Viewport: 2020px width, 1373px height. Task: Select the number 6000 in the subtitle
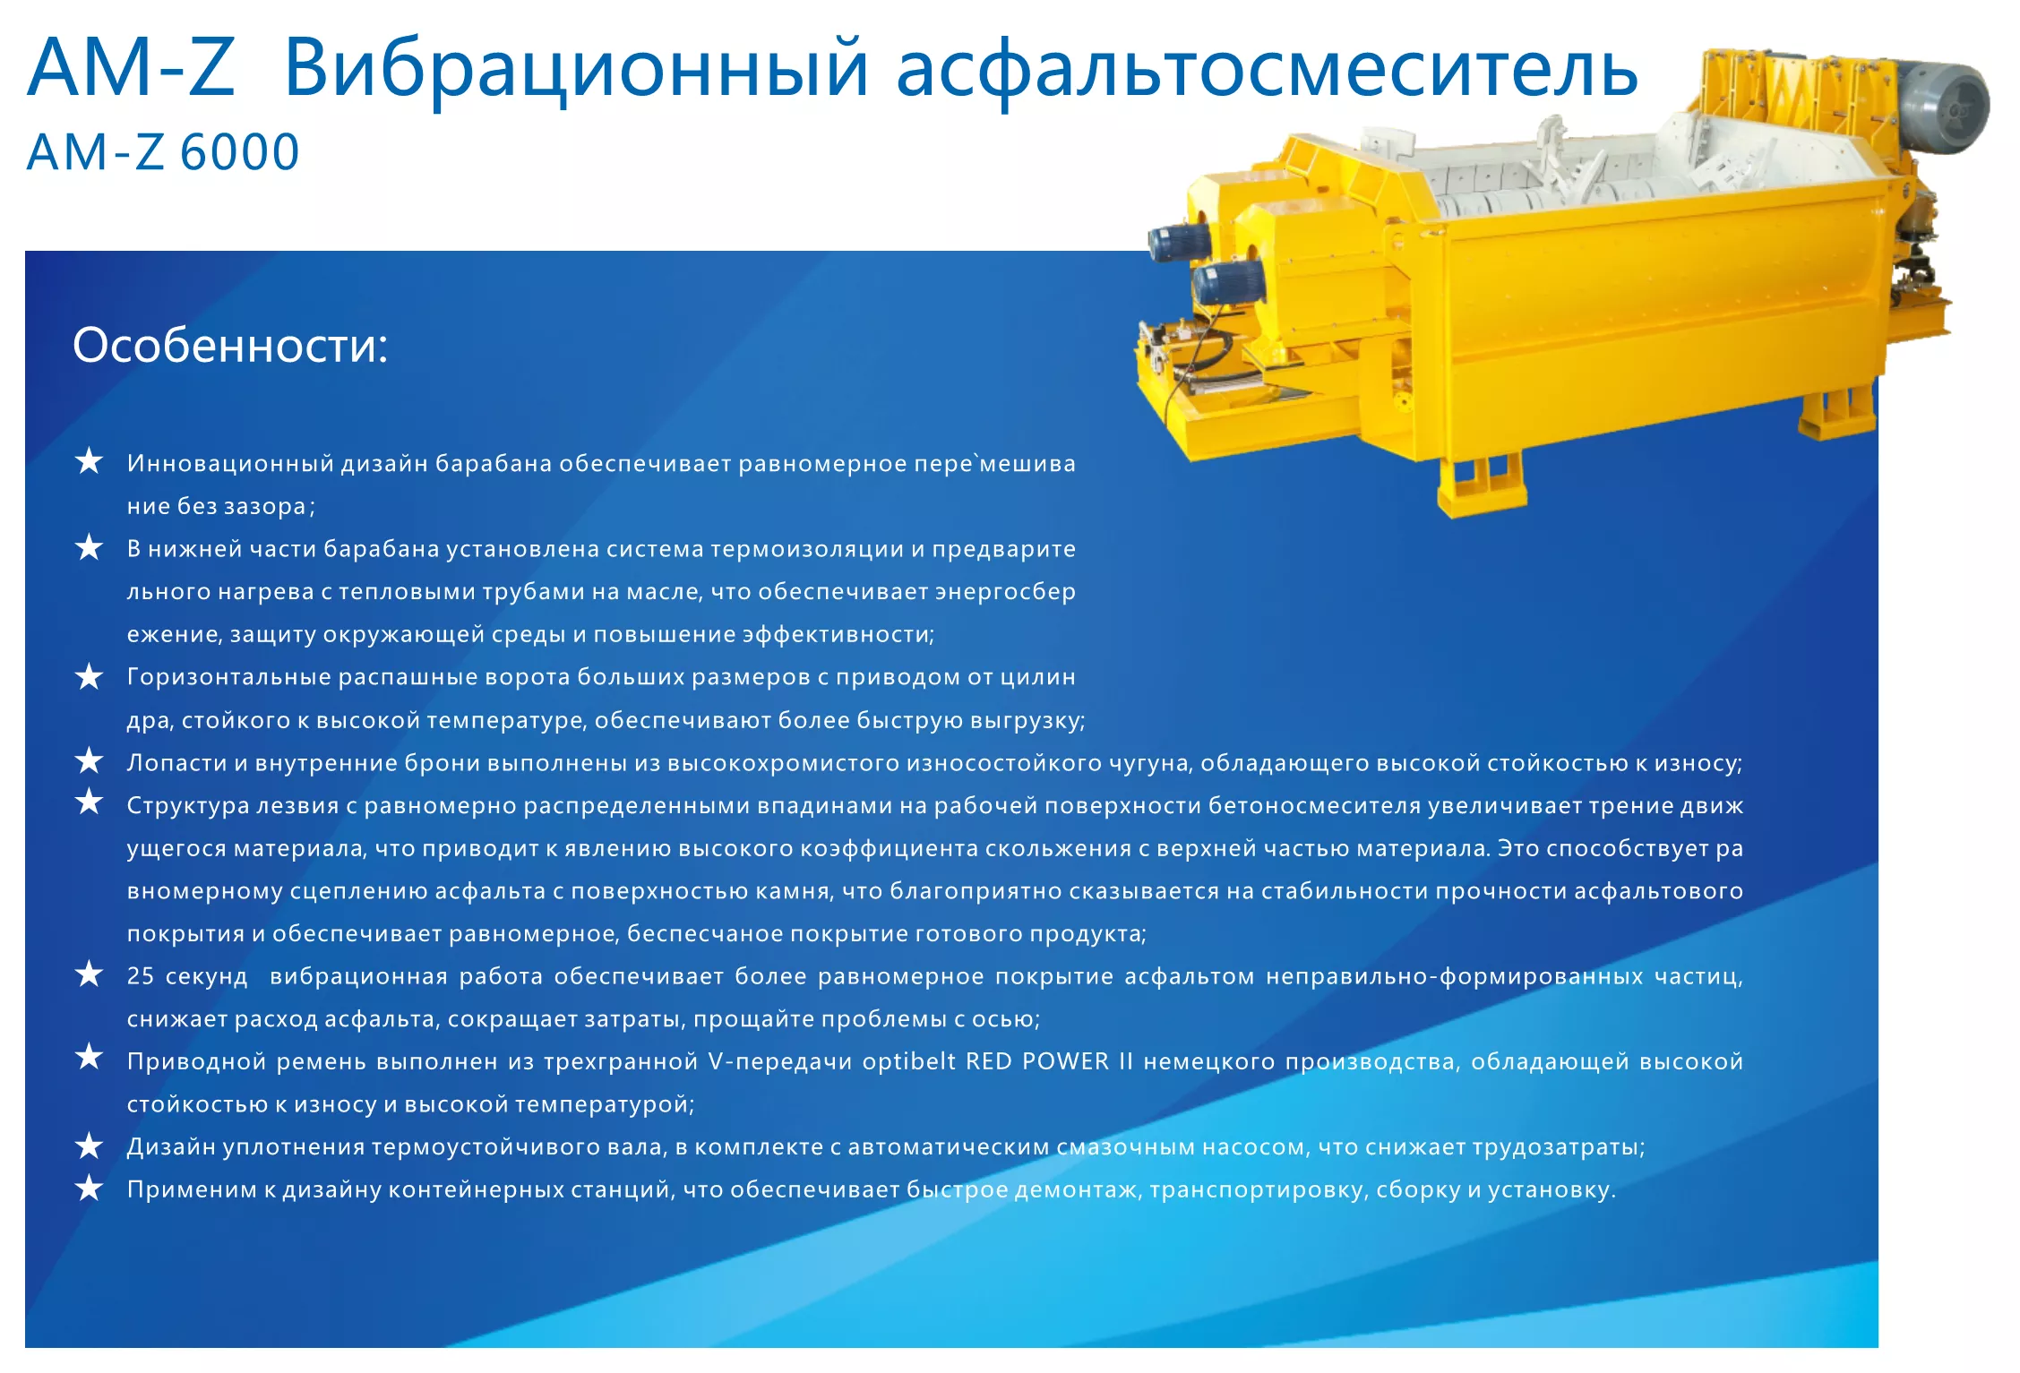[240, 152]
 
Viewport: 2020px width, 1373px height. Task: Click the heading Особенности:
[230, 346]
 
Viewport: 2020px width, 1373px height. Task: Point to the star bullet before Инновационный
[89, 461]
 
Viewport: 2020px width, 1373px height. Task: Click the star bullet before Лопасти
[89, 760]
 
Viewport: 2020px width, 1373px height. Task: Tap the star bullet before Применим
[89, 1188]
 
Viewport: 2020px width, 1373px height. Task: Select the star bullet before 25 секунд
[89, 974]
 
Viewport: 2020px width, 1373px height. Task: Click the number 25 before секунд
[141, 976]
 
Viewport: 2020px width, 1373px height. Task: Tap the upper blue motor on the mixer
[1180, 242]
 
